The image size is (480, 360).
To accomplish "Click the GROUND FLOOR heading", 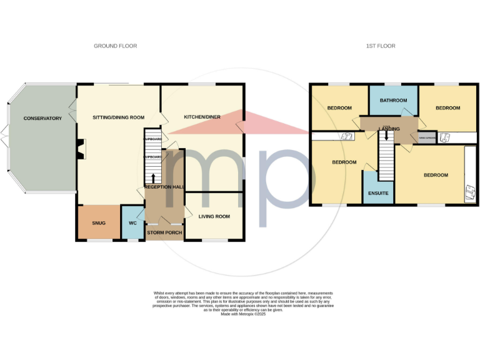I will [115, 46].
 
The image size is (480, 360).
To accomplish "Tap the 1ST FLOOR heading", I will [380, 46].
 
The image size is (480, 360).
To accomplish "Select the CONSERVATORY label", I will [42, 118].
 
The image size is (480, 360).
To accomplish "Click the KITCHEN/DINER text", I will [201, 117].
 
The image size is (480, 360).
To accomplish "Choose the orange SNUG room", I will [98, 222].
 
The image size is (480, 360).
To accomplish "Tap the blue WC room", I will [132, 222].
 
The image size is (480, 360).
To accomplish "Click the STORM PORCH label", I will [164, 232].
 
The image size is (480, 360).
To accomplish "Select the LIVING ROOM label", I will [214, 217].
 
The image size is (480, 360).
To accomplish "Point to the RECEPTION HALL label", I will [164, 187].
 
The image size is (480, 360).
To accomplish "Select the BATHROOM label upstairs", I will [393, 100].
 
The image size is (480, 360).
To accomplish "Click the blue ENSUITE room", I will [377, 193].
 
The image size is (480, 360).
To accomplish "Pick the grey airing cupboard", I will [427, 139].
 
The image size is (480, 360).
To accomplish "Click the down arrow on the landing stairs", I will [387, 134].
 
